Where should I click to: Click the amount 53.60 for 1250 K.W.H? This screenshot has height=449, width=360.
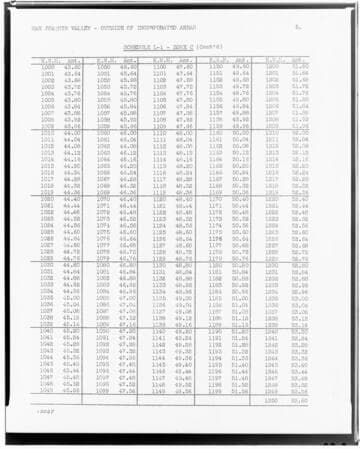(298, 399)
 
